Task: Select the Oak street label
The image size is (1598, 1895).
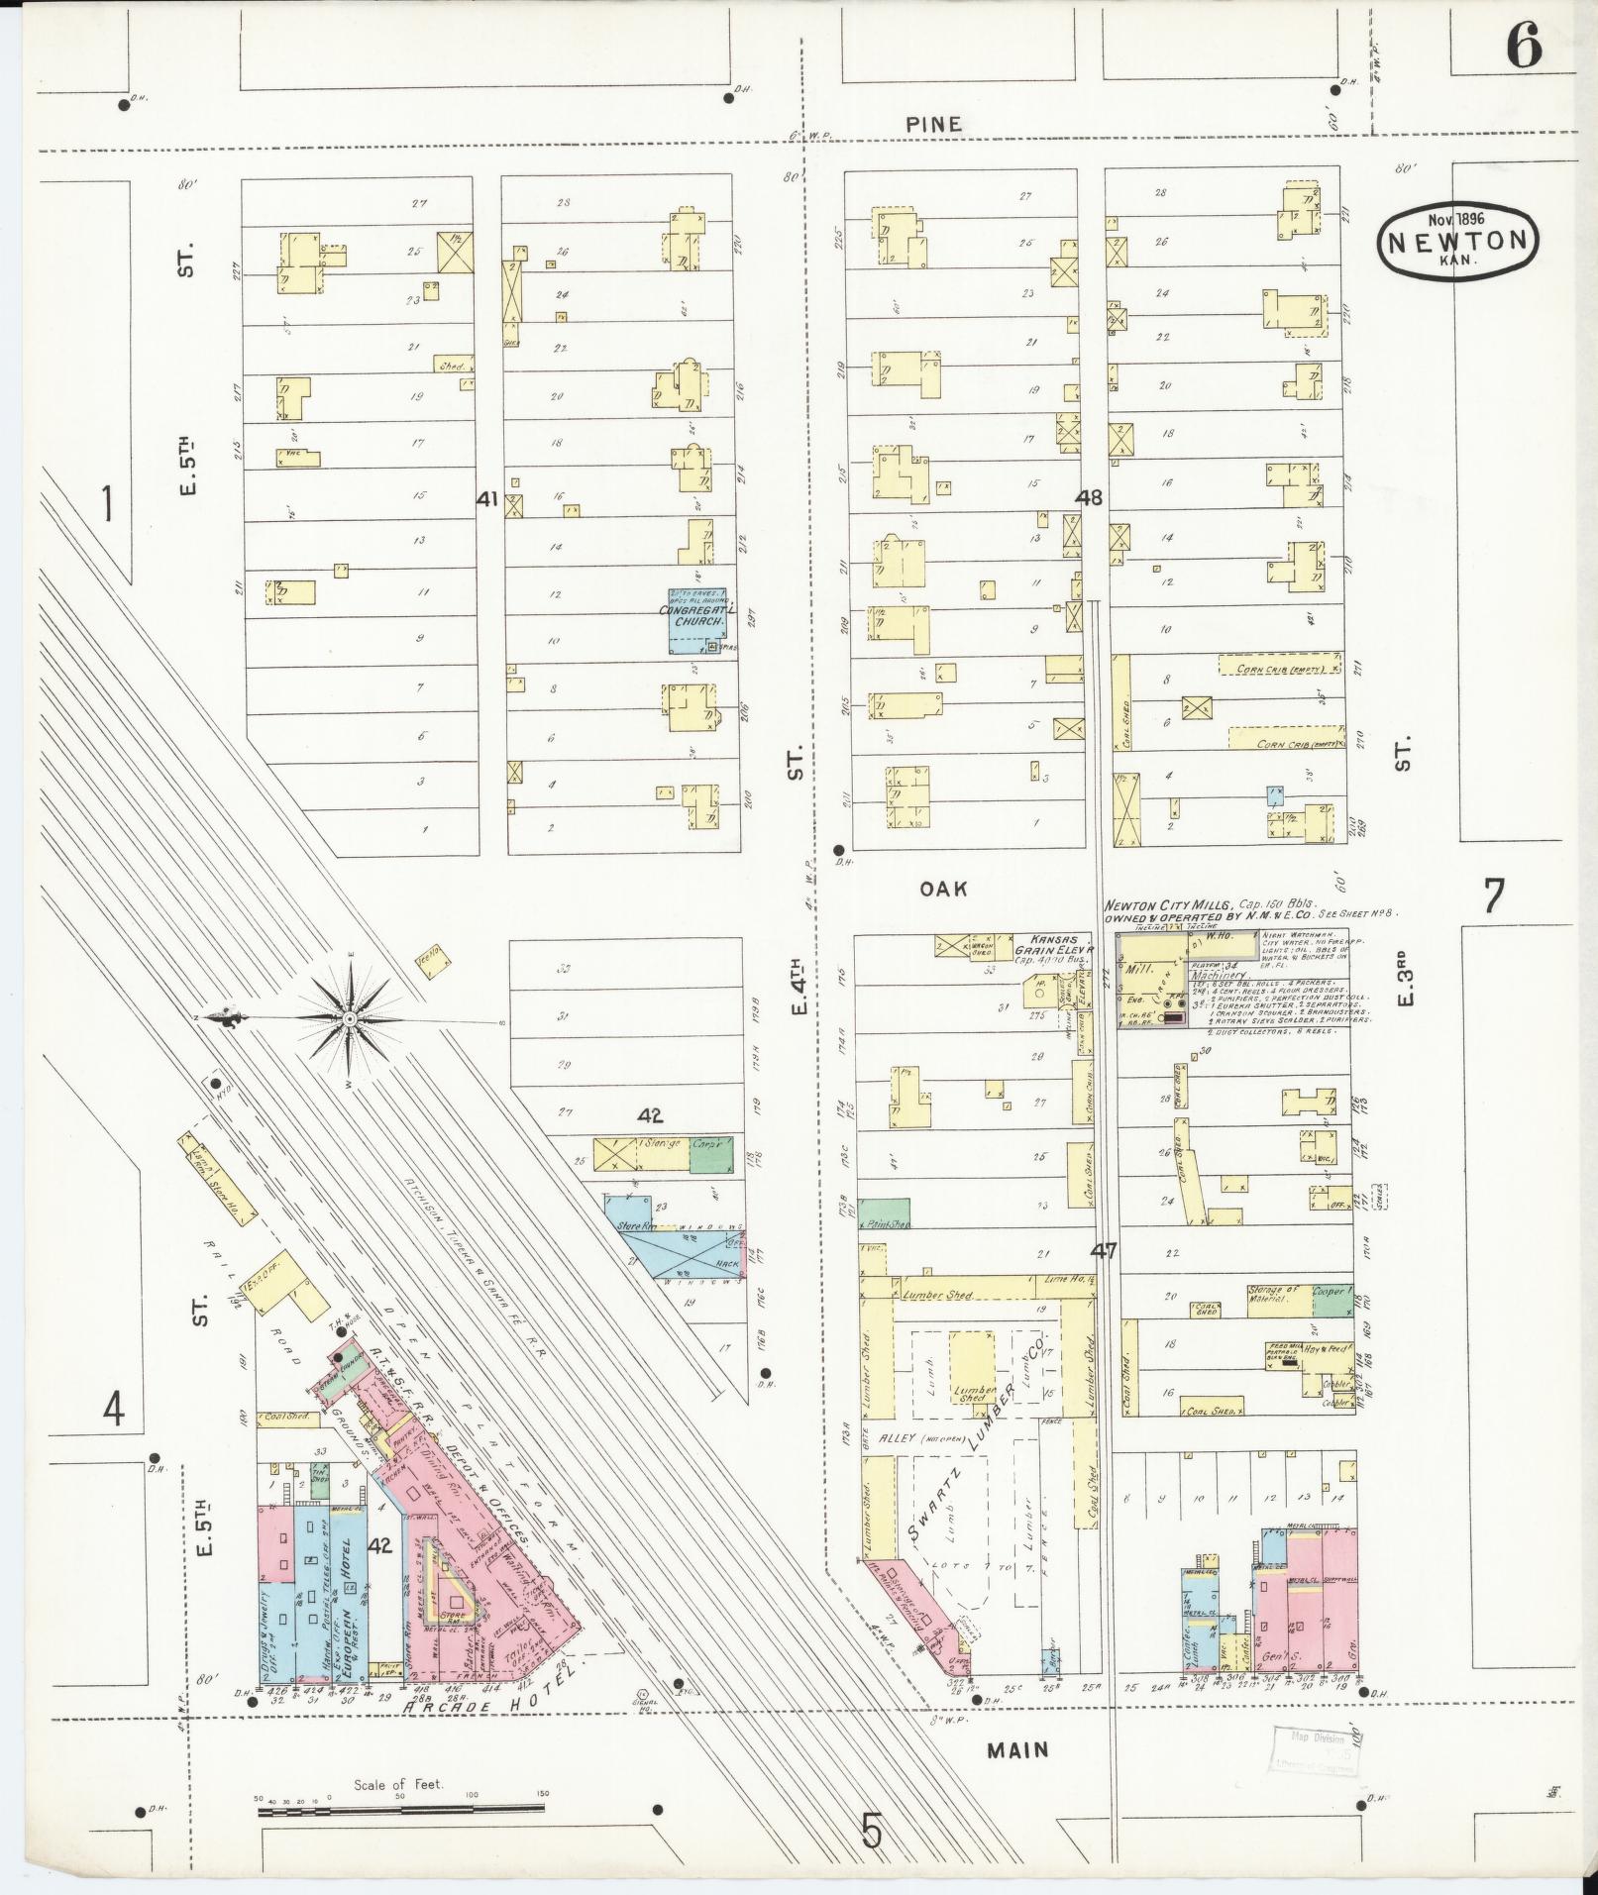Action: [x=942, y=889]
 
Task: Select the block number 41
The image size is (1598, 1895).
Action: [x=486, y=499]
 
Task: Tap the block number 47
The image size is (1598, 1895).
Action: [x=1104, y=1251]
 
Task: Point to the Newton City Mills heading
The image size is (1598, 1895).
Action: [x=1169, y=904]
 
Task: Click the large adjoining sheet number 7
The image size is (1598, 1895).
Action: [x=1492, y=895]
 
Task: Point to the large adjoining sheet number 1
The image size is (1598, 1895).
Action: [x=106, y=504]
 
